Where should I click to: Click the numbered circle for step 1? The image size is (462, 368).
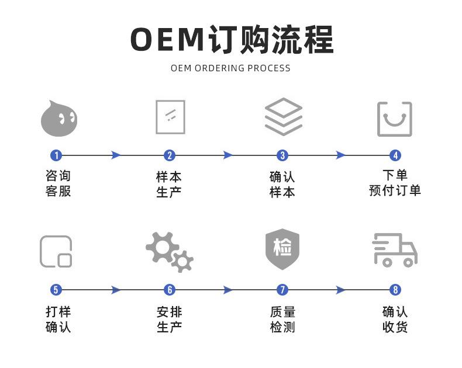pyautogui.click(x=56, y=155)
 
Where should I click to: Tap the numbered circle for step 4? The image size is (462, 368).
pyautogui.click(x=395, y=155)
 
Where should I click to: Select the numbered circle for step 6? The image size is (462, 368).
pyautogui.click(x=170, y=290)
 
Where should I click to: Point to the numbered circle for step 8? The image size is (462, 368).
pyautogui.click(x=395, y=290)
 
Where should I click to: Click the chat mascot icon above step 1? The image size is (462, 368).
pyautogui.click(x=58, y=118)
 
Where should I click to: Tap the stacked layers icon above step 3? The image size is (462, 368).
pyautogui.click(x=283, y=117)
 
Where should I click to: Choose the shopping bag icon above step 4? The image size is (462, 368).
pyautogui.click(x=394, y=119)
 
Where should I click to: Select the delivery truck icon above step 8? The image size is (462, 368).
pyautogui.click(x=395, y=251)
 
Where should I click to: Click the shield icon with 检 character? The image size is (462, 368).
pyautogui.click(x=282, y=249)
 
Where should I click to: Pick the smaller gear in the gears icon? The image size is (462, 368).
pyautogui.click(x=182, y=261)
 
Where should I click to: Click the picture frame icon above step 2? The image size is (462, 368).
pyautogui.click(x=170, y=117)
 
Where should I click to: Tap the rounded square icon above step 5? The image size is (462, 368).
pyautogui.click(x=56, y=252)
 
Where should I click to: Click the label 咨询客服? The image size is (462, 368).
pyautogui.click(x=58, y=183)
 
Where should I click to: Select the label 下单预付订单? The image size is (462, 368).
pyautogui.click(x=395, y=183)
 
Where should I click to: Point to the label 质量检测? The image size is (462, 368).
pyautogui.click(x=282, y=319)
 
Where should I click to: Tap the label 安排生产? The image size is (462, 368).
pyautogui.click(x=170, y=319)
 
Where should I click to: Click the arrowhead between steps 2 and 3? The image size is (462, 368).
pyautogui.click(x=228, y=155)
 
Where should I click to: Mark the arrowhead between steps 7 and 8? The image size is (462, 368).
pyautogui.click(x=341, y=290)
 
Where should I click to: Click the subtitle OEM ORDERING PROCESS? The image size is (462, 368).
pyautogui.click(x=230, y=68)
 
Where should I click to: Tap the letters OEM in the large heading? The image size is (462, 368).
pyautogui.click(x=166, y=39)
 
